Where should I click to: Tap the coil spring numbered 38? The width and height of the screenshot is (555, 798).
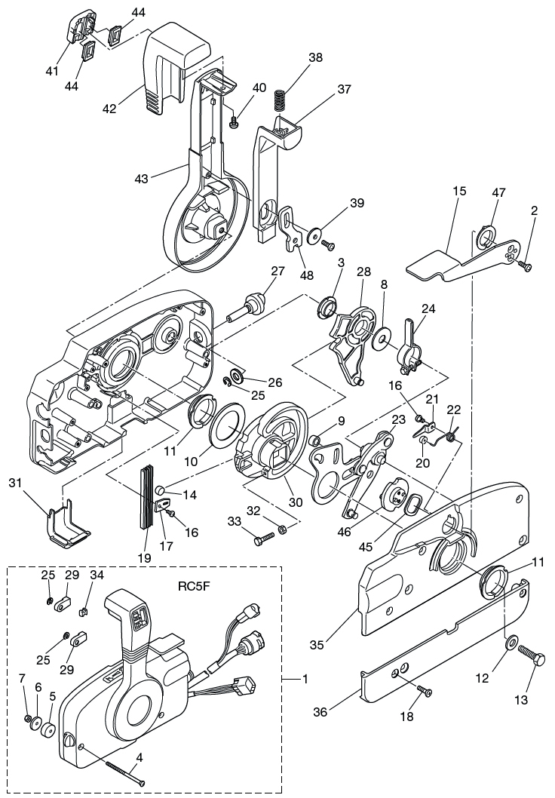(281, 100)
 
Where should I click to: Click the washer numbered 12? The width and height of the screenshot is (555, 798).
(511, 642)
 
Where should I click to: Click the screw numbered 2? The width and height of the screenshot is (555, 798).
(527, 266)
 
